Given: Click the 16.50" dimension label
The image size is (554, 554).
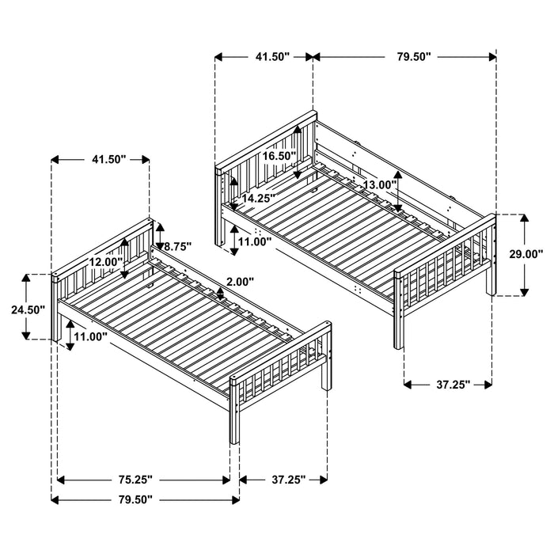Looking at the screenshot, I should [279, 157].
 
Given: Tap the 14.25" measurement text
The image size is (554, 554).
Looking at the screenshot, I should [259, 199].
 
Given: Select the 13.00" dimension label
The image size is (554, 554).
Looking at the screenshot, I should [379, 184].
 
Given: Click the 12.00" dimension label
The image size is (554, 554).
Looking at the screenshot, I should [105, 262].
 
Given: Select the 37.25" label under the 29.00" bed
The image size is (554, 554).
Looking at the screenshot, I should [449, 385].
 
